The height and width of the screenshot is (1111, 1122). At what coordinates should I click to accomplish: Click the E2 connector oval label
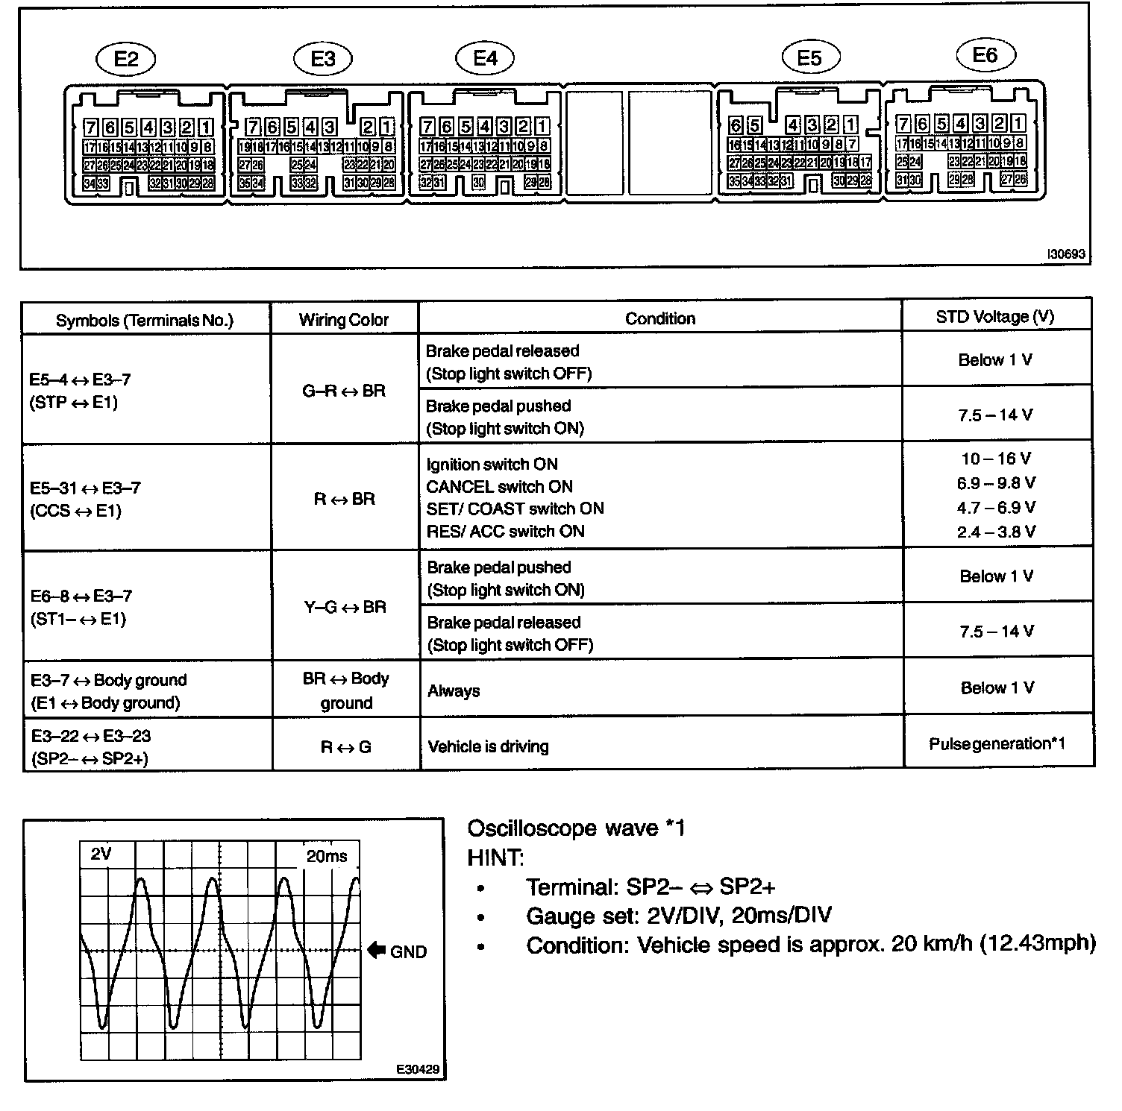click(127, 59)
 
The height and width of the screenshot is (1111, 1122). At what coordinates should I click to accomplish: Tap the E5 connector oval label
click(810, 58)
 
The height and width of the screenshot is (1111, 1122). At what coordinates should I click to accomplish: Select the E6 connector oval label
click(985, 55)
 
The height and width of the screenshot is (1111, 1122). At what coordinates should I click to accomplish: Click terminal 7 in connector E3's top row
click(253, 127)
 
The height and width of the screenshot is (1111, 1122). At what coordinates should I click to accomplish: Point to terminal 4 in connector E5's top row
click(793, 125)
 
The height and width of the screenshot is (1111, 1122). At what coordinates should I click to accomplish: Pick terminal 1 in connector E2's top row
click(206, 127)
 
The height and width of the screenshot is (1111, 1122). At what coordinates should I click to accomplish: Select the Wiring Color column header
click(344, 320)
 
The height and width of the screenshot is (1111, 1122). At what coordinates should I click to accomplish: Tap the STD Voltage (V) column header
click(995, 317)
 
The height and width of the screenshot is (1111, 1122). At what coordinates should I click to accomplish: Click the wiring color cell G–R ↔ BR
click(344, 391)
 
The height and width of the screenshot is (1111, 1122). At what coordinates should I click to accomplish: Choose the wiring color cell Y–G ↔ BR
click(345, 607)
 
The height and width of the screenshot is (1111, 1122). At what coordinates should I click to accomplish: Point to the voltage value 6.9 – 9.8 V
click(996, 483)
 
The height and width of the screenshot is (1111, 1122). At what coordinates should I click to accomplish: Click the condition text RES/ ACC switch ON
click(505, 532)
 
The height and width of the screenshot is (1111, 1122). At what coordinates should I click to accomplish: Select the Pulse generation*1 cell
click(997, 744)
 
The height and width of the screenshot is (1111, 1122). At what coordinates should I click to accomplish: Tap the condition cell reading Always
click(454, 691)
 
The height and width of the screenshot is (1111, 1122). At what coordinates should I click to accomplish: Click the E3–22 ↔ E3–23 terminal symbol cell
click(91, 746)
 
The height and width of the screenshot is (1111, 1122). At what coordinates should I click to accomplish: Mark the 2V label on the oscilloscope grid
click(101, 855)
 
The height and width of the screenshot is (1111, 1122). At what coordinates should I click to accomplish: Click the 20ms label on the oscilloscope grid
click(327, 856)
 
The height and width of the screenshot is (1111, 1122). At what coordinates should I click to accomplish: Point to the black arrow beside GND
click(376, 950)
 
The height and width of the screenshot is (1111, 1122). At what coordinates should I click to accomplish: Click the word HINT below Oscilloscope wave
click(495, 857)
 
